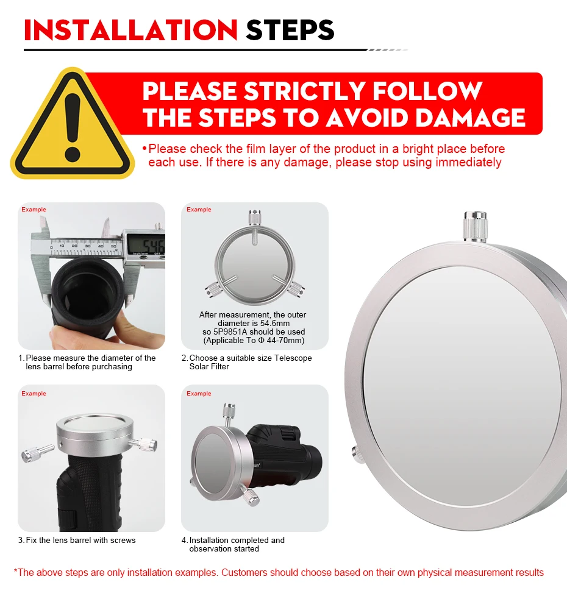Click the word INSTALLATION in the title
coord(130,30)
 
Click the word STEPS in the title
coord(290,30)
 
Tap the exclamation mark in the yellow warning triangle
coord(73,127)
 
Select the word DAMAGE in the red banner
coord(471,118)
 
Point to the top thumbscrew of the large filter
coord(475,227)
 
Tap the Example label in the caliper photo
coord(34,210)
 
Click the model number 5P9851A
coord(230,332)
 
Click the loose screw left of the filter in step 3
coord(38,453)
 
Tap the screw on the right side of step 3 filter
coord(143,444)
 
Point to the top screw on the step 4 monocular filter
coord(229,415)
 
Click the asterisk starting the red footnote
coord(16,570)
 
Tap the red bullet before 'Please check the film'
coord(144,148)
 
